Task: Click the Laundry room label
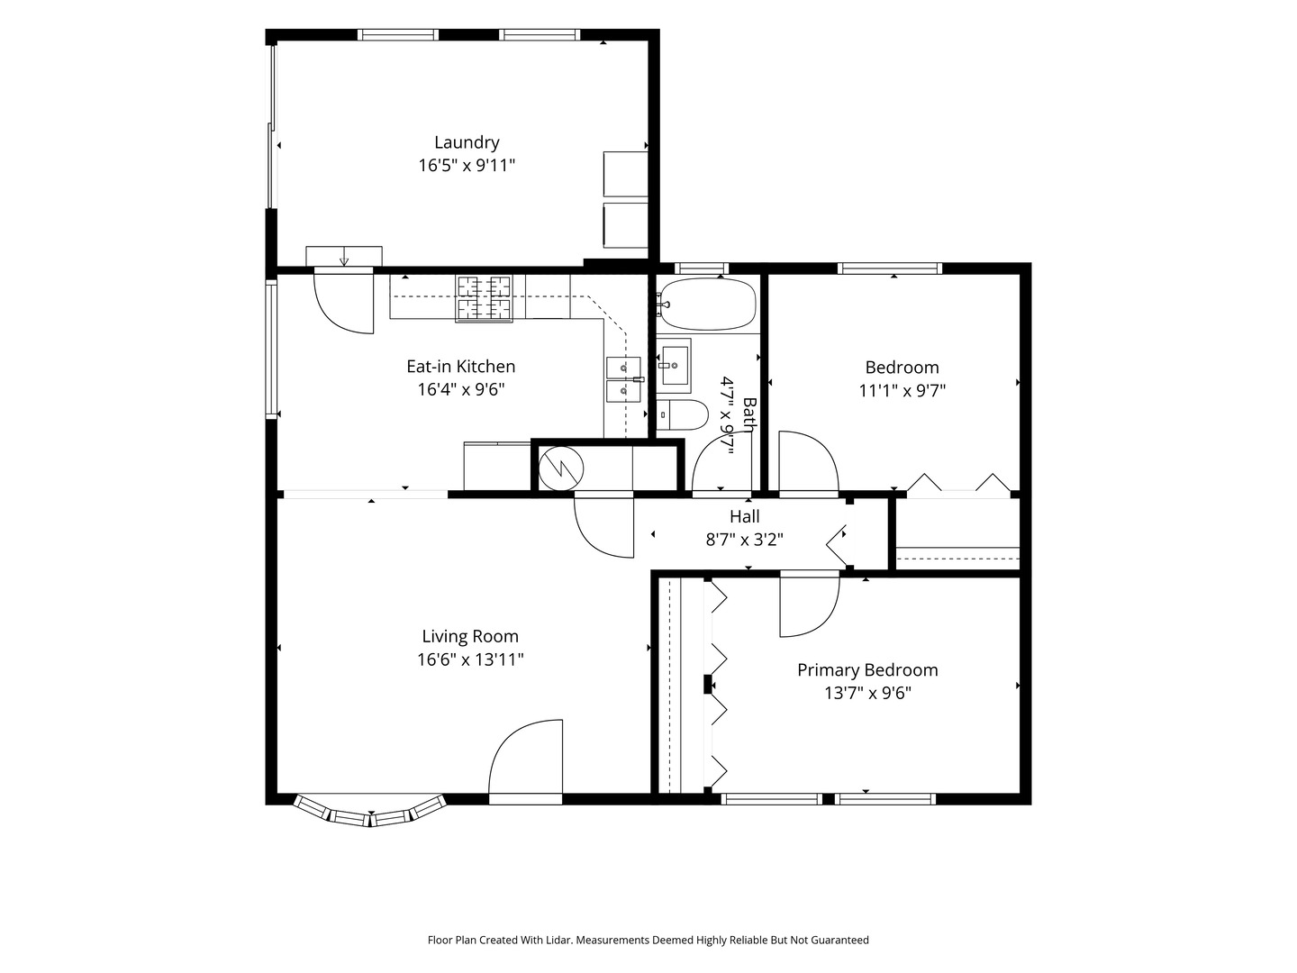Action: [x=467, y=143]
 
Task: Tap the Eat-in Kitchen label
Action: [x=461, y=367]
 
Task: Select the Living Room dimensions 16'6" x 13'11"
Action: [x=470, y=659]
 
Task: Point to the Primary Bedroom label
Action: [x=867, y=670]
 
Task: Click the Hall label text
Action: [x=745, y=516]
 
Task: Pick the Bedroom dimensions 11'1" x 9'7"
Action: [x=902, y=390]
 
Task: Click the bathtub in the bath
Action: [x=708, y=305]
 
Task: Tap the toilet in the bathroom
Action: [x=683, y=415]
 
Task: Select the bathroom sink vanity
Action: [x=674, y=366]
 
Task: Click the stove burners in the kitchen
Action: [x=484, y=298]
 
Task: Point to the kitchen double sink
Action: [x=623, y=379]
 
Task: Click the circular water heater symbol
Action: [x=561, y=469]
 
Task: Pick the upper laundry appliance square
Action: [x=626, y=174]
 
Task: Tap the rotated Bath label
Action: [x=749, y=414]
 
